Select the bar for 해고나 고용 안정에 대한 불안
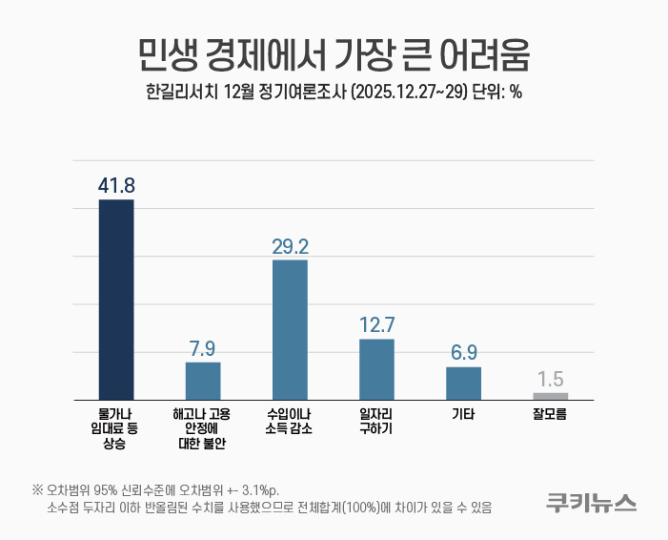click(x=203, y=381)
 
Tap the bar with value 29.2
click(x=290, y=329)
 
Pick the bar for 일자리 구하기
click(x=376, y=369)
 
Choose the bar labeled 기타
click(x=463, y=383)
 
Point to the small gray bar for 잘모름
click(x=550, y=396)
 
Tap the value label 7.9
click(x=203, y=347)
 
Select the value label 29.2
click(x=290, y=246)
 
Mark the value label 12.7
click(x=376, y=324)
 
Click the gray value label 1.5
click(x=550, y=379)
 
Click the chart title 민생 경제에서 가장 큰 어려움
click(x=334, y=53)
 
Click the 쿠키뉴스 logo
click(x=591, y=502)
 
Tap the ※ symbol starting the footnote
click(x=37, y=489)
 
